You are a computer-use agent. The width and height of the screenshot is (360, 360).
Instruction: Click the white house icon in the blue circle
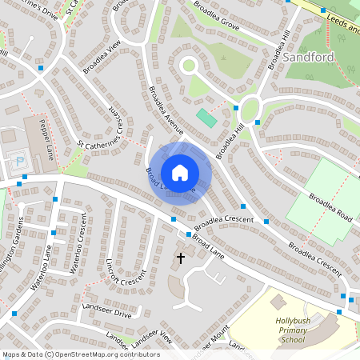pyautogui.click(x=180, y=173)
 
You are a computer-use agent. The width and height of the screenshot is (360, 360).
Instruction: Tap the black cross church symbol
pyautogui.click(x=180, y=258)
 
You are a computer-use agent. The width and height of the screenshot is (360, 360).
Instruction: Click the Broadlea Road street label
pyautogui.click(x=331, y=208)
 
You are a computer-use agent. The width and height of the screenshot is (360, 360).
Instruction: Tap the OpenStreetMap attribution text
pyautogui.click(x=70, y=354)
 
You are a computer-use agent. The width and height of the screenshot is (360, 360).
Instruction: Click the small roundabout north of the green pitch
pyautogui.click(x=190, y=66)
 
